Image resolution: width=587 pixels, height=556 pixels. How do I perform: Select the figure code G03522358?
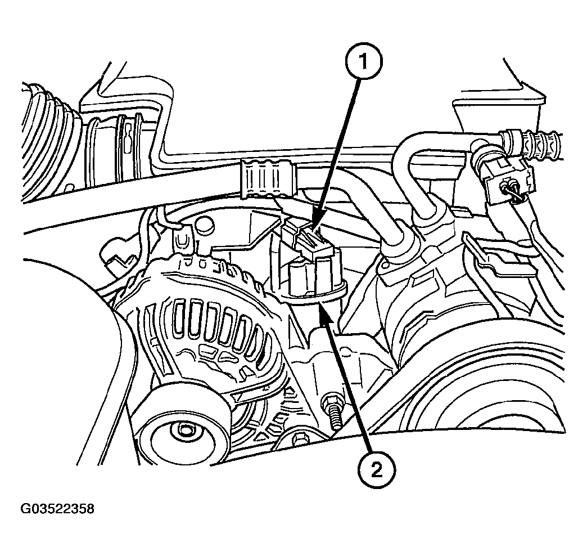point(57,509)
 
